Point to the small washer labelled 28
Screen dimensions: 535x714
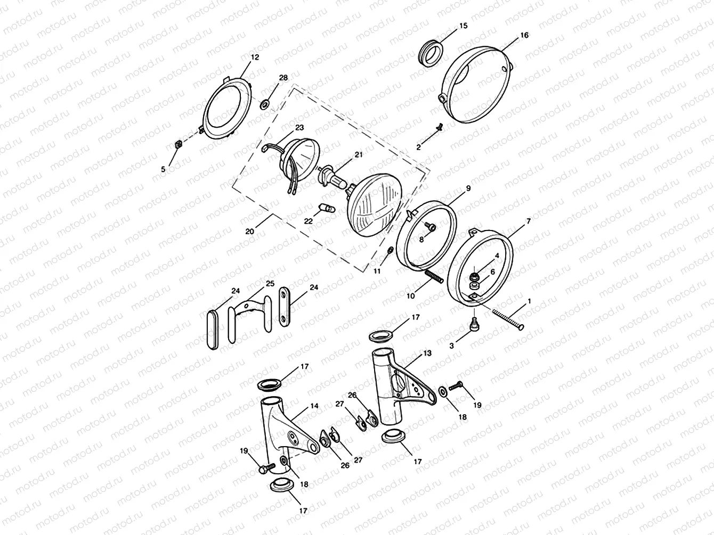point(265,102)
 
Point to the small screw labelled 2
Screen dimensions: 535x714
point(440,127)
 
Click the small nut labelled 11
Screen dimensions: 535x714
point(390,250)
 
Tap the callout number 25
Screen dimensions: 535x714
point(270,283)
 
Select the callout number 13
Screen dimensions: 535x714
point(427,353)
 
